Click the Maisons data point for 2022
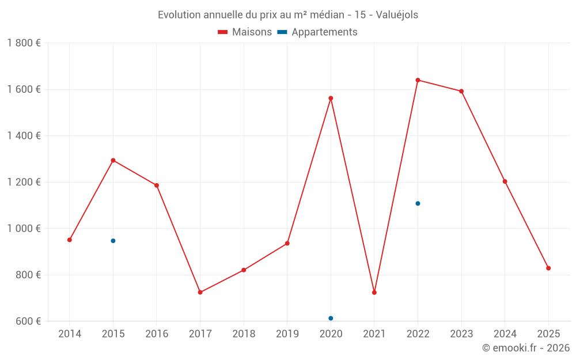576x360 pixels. coord(418,80)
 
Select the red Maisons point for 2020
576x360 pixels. coord(331,98)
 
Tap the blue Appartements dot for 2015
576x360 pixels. coord(113,241)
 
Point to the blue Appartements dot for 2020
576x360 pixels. coord(331,318)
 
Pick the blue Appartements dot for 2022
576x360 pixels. coord(418,203)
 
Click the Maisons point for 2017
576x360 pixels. coord(200,292)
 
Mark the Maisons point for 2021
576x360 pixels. coord(374,293)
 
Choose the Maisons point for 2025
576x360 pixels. coord(548,268)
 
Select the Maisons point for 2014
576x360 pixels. coord(70,240)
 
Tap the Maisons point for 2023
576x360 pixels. coord(461,91)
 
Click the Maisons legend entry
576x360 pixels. coord(245,32)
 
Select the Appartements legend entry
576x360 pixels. coord(318,32)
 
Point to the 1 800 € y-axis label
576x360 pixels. coord(24,43)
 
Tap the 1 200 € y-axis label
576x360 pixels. coord(24,182)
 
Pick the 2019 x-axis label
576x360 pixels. coord(287,334)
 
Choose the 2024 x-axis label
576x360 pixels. coord(505,334)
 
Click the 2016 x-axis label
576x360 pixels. coord(157,334)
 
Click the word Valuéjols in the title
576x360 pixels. coord(397,15)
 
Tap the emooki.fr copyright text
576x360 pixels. coord(526,348)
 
